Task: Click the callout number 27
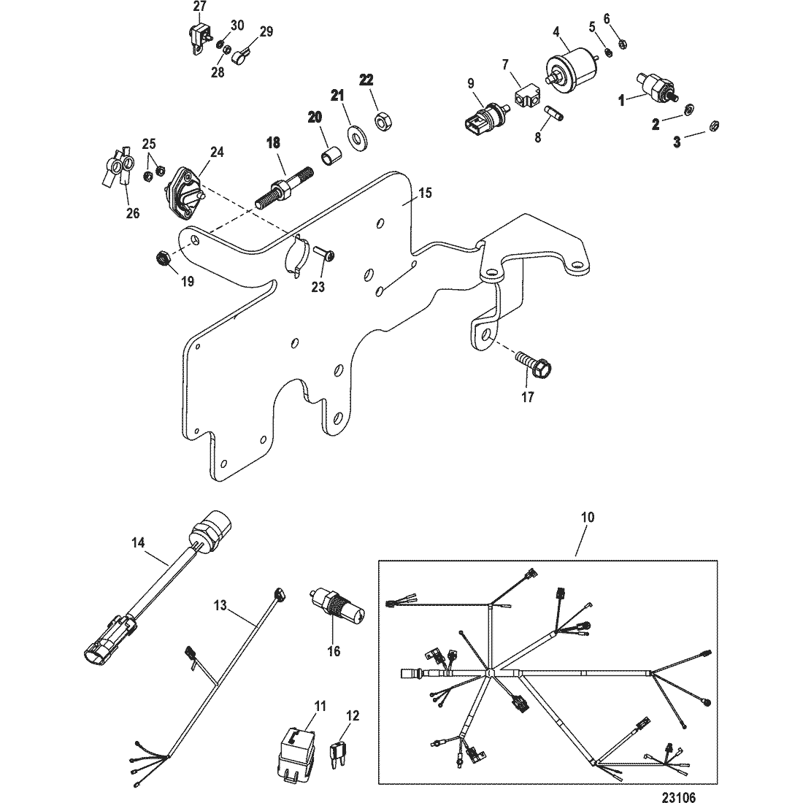199,7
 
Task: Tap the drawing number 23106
679,796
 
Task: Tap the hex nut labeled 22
382,123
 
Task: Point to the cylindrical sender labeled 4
569,66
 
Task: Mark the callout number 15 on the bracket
425,193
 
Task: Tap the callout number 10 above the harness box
588,518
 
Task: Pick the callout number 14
138,542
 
